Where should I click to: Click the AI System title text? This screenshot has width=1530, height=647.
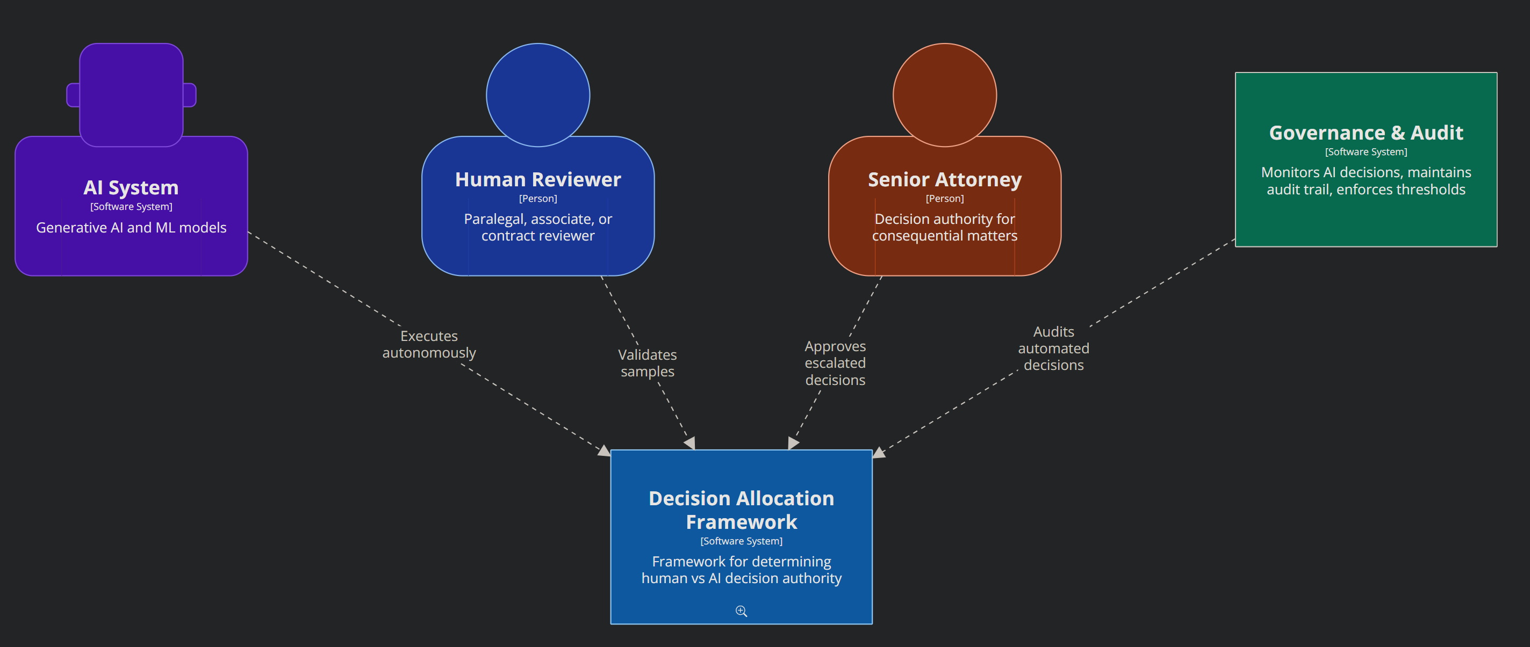(131, 187)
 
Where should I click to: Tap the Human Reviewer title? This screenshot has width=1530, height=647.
(537, 179)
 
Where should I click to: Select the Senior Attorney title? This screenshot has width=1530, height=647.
(944, 179)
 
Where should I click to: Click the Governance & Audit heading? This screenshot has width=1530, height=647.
(1366, 133)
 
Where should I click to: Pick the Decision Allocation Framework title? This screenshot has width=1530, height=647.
(741, 510)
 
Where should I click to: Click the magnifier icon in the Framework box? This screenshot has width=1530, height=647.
(741, 611)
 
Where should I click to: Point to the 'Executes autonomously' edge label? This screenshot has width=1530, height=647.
(429, 344)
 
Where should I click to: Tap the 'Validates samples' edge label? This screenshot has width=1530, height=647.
(648, 362)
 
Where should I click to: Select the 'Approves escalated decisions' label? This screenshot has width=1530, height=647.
(835, 362)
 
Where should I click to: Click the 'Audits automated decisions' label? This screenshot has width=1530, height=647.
(1054, 348)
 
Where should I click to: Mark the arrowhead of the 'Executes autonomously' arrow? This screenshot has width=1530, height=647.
(605, 452)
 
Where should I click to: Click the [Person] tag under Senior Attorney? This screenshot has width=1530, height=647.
(944, 198)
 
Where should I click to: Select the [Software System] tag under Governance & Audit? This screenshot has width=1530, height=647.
(1366, 152)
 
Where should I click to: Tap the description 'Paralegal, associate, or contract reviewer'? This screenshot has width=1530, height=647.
(537, 227)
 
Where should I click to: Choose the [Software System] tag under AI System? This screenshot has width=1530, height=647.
(131, 207)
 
